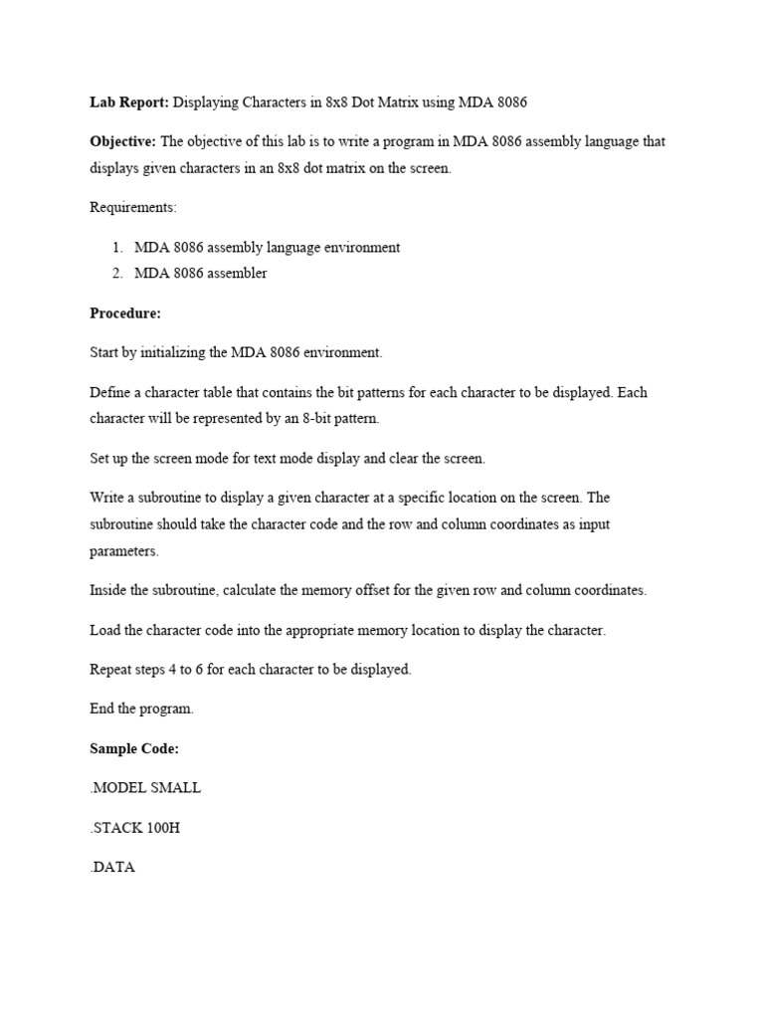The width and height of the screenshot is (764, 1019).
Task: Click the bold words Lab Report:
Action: [x=129, y=101]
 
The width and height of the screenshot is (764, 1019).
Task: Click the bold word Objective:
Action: [x=122, y=141]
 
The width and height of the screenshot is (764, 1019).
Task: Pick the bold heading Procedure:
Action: [x=125, y=312]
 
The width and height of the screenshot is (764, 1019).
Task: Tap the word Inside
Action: [x=109, y=590]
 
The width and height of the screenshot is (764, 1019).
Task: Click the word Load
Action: [x=105, y=630]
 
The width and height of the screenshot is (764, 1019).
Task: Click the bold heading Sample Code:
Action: [x=134, y=748]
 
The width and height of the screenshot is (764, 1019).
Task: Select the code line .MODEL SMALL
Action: [x=145, y=788]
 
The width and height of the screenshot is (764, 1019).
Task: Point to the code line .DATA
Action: [x=112, y=867]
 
